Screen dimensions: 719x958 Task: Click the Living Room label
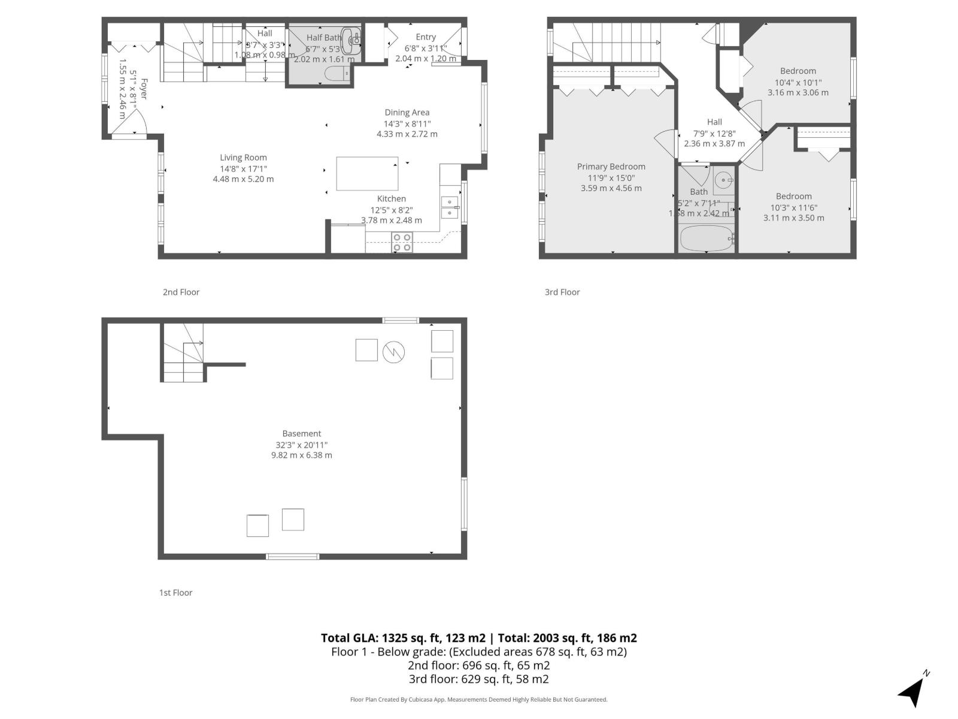(x=243, y=158)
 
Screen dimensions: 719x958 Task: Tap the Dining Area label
(x=407, y=113)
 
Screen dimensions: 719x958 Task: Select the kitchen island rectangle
(x=367, y=174)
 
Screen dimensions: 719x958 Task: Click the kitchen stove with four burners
(x=402, y=242)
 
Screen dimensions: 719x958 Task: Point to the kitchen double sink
(x=449, y=207)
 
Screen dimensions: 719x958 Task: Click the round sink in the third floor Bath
(x=724, y=179)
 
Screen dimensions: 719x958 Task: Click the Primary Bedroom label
(x=611, y=167)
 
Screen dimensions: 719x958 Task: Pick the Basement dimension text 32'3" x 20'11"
(x=301, y=445)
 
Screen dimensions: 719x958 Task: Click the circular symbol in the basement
(x=393, y=351)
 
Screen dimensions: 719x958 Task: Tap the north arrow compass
(x=912, y=691)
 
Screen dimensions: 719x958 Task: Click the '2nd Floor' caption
(x=181, y=292)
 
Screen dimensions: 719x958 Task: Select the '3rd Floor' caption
(x=562, y=292)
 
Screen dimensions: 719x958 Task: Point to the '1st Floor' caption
(x=175, y=593)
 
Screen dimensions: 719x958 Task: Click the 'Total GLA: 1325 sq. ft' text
(x=403, y=638)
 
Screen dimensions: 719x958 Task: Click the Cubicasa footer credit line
(x=478, y=699)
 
